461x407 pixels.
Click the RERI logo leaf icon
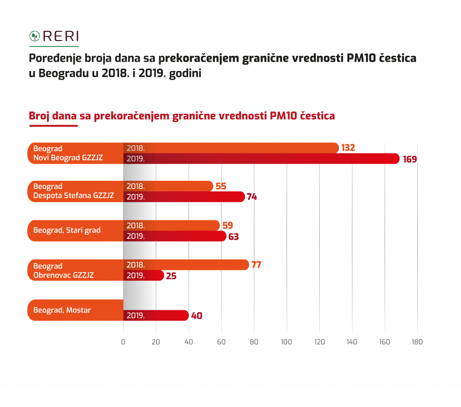pyautogui.click(x=34, y=36)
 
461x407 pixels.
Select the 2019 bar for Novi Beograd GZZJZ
pyautogui.click(x=261, y=159)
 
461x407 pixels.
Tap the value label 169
pyautogui.click(x=410, y=159)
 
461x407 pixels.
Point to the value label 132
pyautogui.click(x=348, y=148)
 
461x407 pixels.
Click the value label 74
pyautogui.click(x=252, y=197)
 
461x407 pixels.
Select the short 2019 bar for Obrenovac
pyautogui.click(x=144, y=276)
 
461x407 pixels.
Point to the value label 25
pyautogui.click(x=171, y=276)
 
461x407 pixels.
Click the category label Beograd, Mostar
pyautogui.click(x=62, y=310)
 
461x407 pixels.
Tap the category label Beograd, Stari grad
pyautogui.click(x=67, y=230)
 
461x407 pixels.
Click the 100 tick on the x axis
pyautogui.click(x=286, y=342)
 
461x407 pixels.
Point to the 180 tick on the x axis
pyautogui.click(x=417, y=342)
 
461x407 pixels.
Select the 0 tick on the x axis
pyautogui.click(x=123, y=342)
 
